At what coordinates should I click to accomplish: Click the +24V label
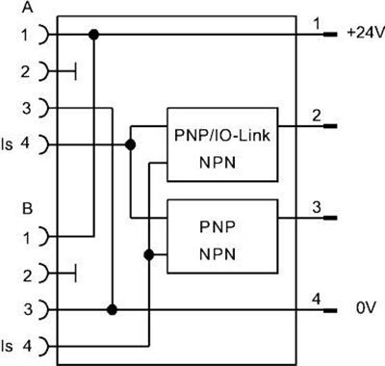pos(366,33)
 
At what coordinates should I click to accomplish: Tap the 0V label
pos(366,308)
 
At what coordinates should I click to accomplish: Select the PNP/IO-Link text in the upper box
pos(222,135)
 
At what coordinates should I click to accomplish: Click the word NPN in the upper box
pos(218,163)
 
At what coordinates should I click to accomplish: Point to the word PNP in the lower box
pos(218,227)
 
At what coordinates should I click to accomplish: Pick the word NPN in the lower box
pos(218,254)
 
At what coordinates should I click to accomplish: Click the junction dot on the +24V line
pos(94,35)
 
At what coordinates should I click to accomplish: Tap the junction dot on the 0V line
pos(112,310)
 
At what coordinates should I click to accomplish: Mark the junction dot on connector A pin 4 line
pos(130,144)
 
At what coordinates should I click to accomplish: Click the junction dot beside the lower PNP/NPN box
pos(149,255)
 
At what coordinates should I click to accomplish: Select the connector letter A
pos(28,8)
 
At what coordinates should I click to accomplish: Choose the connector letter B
pos(28,209)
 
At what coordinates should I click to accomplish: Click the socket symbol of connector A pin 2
pos(45,71)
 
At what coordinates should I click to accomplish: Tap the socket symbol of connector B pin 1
pos(45,236)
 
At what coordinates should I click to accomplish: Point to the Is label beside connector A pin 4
pos(7,144)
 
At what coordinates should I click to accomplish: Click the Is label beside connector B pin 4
pos(7,346)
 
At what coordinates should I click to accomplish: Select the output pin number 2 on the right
pos(317,116)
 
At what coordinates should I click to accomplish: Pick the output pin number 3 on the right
pos(317,207)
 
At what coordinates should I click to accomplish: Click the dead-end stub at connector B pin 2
pos(75,274)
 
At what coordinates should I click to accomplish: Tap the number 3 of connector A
pos(27,108)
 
